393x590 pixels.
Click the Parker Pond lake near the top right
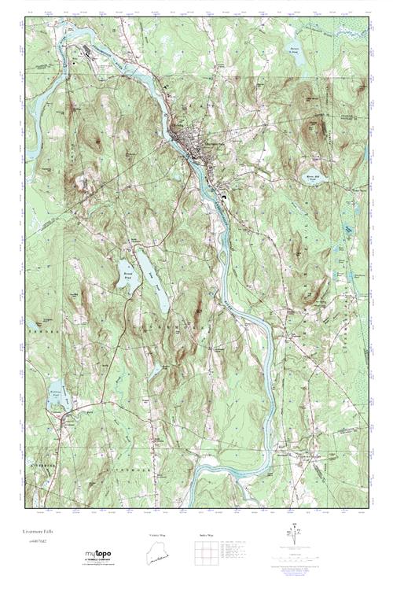pyautogui.click(x=296, y=49)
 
